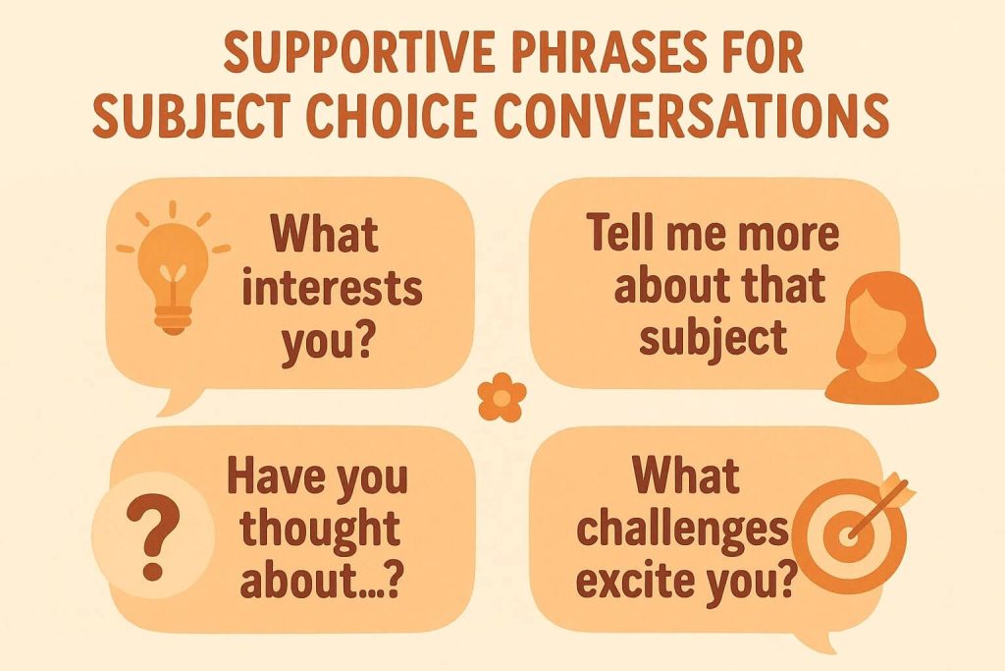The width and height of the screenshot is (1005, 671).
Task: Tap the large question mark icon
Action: tap(152, 539)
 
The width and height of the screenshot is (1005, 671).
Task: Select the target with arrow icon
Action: tap(857, 531)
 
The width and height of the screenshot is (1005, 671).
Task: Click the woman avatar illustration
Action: tap(882, 337)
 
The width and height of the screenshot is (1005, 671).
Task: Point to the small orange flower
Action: tap(502, 398)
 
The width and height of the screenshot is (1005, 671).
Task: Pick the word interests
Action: tap(333, 290)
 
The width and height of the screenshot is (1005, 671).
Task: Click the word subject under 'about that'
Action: tap(714, 338)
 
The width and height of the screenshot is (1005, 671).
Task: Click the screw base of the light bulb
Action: tap(173, 319)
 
